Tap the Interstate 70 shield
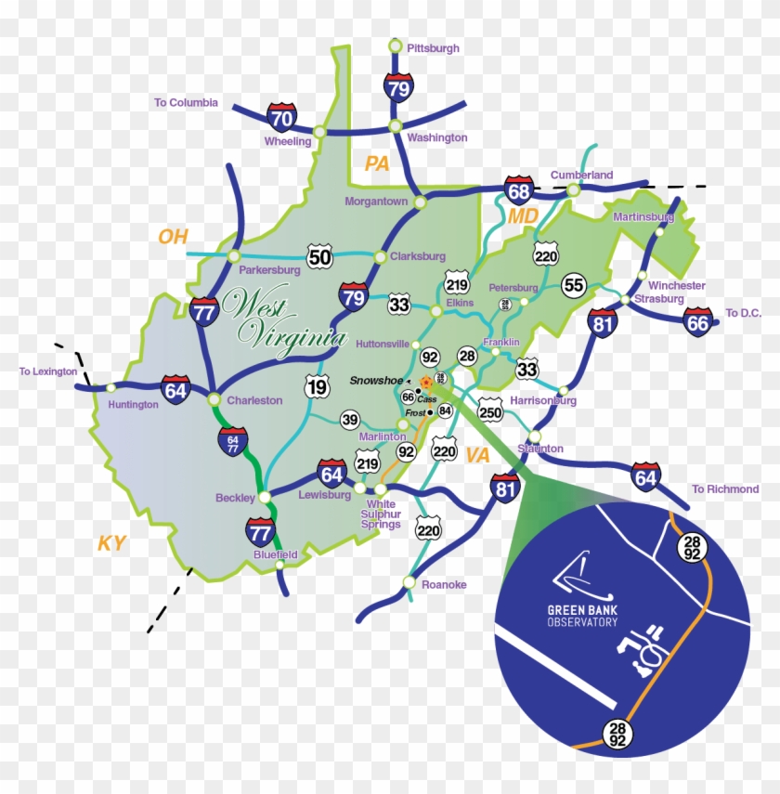(x=281, y=117)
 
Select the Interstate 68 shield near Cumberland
(x=519, y=190)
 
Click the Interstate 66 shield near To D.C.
(x=698, y=321)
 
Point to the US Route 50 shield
(x=319, y=257)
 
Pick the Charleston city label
(x=254, y=400)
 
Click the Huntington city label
(x=133, y=405)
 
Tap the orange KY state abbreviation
(x=111, y=544)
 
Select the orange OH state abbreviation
(x=173, y=237)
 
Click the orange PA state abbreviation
(x=376, y=164)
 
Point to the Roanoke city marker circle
(x=409, y=582)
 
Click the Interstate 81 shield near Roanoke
(x=504, y=488)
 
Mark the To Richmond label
(x=725, y=489)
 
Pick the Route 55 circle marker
(x=574, y=285)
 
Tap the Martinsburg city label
(x=643, y=217)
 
